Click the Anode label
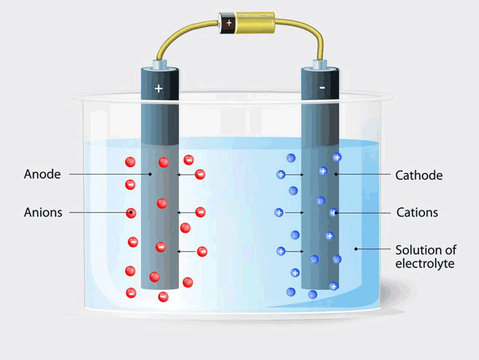(x=42, y=174)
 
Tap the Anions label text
(x=43, y=212)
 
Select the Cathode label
(x=419, y=175)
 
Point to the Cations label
(x=418, y=212)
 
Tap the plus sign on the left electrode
(x=158, y=89)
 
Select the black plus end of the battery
(x=229, y=23)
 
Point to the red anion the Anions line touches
(x=131, y=213)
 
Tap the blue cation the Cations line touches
(x=333, y=213)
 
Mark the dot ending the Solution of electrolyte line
(x=356, y=249)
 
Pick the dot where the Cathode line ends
(x=336, y=175)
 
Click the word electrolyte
(x=425, y=264)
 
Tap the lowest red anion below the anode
(x=163, y=297)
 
